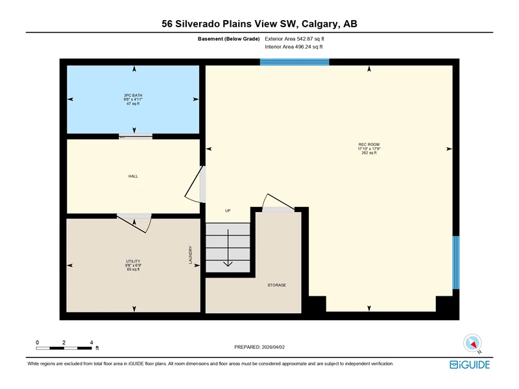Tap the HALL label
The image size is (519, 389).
tap(133, 176)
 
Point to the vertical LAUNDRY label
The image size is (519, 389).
tap(190, 255)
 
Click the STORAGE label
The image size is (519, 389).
tap(277, 285)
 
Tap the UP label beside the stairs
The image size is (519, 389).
tap(228, 210)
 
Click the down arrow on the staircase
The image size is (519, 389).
tap(228, 248)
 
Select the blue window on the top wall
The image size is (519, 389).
tap(295, 62)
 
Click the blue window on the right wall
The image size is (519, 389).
tap(456, 263)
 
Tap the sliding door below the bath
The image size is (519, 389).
tap(136, 136)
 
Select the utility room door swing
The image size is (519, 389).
tap(135, 223)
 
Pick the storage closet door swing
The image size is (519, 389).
tap(278, 202)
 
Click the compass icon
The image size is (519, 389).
tap(472, 344)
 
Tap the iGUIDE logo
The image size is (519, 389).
tap(470, 364)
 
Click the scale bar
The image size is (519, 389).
tap(64, 348)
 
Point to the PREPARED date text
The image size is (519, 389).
tap(259, 347)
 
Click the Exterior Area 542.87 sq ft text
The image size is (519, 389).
tap(295, 39)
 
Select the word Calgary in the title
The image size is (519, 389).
tap(320, 24)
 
